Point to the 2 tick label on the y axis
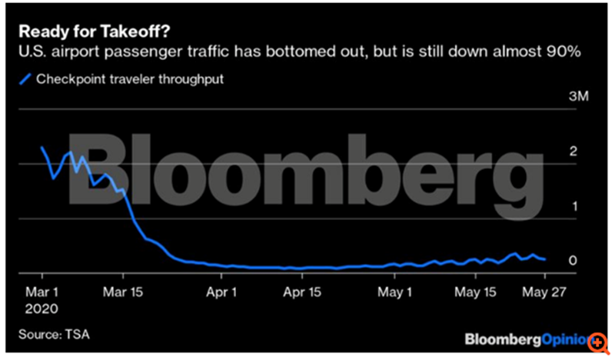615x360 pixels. [572, 152]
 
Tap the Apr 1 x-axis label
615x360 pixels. [221, 293]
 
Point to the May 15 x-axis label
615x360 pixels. [475, 293]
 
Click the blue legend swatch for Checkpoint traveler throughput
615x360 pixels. [25, 78]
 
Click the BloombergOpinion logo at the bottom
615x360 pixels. [527, 338]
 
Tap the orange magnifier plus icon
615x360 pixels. [597, 339]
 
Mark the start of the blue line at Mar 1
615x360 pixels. [42, 147]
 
